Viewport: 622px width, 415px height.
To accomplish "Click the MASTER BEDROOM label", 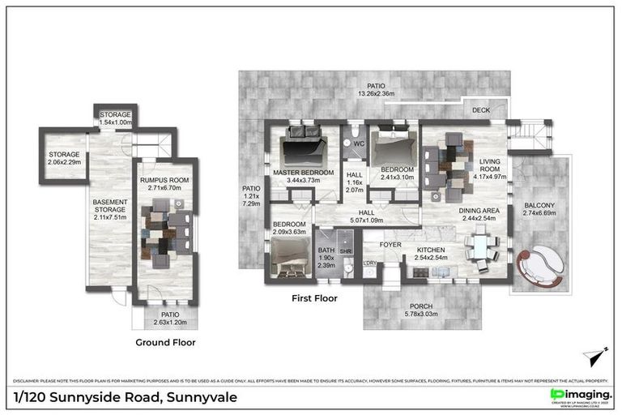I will pos(303,172).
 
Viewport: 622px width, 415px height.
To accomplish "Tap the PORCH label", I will pos(419,304).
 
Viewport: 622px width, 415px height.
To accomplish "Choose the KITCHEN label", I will pos(432,250).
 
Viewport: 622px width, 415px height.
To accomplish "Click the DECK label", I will pos(481,111).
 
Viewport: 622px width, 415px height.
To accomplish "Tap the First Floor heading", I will pos(314,298).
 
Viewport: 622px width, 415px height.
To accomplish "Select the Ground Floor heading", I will pos(165,342).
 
